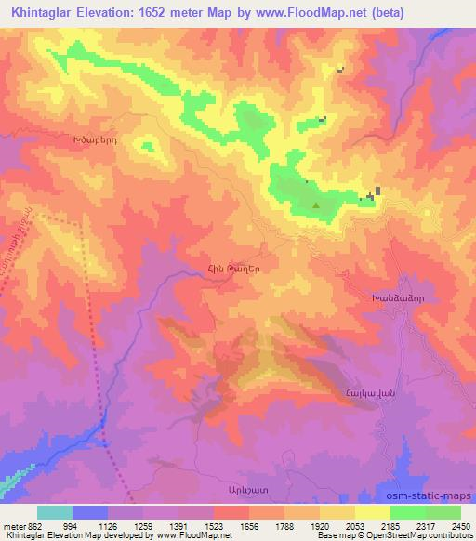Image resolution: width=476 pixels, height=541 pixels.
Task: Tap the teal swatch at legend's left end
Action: coord(55,512)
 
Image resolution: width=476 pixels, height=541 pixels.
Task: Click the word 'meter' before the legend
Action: coord(12,526)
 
